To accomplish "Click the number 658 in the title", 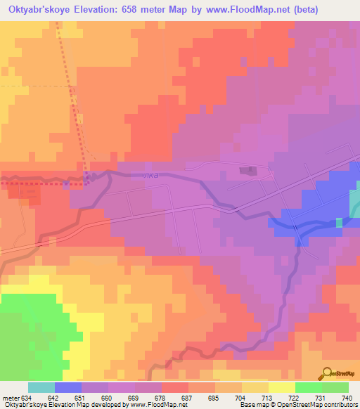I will click(x=140, y=10).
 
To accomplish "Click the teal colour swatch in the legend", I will click(x=41, y=387).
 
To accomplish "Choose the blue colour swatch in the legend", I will click(x=68, y=387).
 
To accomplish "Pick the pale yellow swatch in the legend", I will click(x=281, y=387).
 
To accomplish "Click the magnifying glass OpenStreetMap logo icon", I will click(x=327, y=372).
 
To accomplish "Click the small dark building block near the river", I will click(x=247, y=170).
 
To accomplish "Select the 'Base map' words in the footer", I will click(x=250, y=405).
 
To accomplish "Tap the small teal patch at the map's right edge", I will click(x=354, y=204).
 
